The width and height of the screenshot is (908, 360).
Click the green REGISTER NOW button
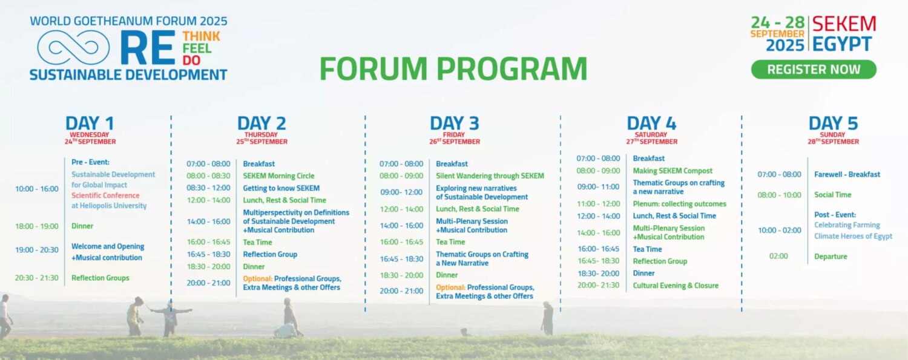point(814,69)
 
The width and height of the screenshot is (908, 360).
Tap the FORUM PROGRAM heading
point(453,69)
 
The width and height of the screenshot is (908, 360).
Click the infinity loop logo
point(73,48)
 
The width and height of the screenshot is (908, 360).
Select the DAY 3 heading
point(455,123)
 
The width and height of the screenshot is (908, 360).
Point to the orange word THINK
point(201,36)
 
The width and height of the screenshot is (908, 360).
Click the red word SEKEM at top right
point(844,24)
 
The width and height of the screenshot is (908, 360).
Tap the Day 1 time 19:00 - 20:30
point(37,250)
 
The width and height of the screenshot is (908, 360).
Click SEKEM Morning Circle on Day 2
point(278,175)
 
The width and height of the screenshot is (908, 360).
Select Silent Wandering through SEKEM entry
point(490,175)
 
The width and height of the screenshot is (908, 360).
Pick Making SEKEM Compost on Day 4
point(673,171)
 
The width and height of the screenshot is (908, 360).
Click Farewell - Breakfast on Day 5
point(847,174)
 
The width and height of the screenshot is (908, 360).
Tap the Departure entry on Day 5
point(831,257)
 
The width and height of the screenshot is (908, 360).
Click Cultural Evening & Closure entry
point(676,286)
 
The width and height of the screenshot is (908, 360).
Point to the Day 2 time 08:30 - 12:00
point(208,188)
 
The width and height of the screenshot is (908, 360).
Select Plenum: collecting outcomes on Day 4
point(679,204)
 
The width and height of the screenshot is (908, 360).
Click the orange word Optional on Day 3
point(450,287)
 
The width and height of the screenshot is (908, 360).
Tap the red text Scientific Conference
point(105,195)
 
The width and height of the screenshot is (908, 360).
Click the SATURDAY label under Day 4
point(651,134)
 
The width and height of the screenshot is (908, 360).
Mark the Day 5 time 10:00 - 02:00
point(780,230)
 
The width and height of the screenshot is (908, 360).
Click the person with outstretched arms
point(170,318)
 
